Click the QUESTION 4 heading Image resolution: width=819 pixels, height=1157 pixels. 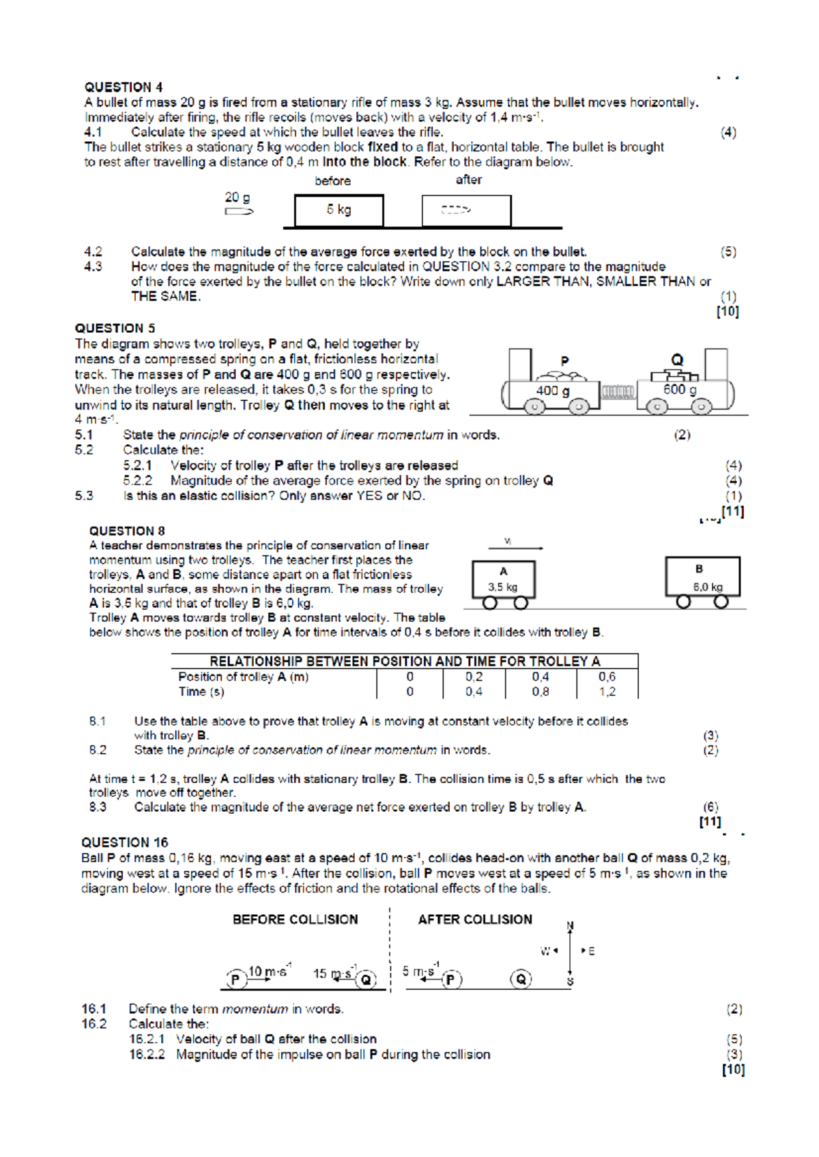pos(124,87)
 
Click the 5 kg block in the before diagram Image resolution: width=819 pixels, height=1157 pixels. pos(339,210)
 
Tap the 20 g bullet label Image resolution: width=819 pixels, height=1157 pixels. pos(238,197)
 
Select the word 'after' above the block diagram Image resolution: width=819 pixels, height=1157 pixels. pos(469,180)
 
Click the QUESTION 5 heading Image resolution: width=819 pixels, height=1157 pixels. pos(115,328)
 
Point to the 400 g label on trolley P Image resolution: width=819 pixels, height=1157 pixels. pos(553,391)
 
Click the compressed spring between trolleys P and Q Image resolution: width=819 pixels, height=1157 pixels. pos(618,392)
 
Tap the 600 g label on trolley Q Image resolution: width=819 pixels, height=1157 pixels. pos(680,390)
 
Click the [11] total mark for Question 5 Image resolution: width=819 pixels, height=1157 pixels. pos(733,511)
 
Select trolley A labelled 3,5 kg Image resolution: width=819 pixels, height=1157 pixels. pos(504,580)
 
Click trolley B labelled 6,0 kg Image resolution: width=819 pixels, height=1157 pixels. pos(703,578)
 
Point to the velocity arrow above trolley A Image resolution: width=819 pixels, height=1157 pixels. pos(515,547)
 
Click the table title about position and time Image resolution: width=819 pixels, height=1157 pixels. pos(405,661)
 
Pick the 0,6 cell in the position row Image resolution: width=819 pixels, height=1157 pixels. pos(607,677)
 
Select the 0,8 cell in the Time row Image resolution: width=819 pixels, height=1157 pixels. pos(541,692)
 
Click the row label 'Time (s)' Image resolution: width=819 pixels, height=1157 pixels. pos(201,692)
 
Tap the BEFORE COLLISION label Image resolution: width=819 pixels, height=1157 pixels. pos(295,920)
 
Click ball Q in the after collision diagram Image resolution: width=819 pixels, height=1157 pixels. pos(521,980)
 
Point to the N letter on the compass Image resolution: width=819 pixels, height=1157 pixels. pos(570,926)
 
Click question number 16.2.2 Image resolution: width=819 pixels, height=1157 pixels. pos(147,1055)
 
